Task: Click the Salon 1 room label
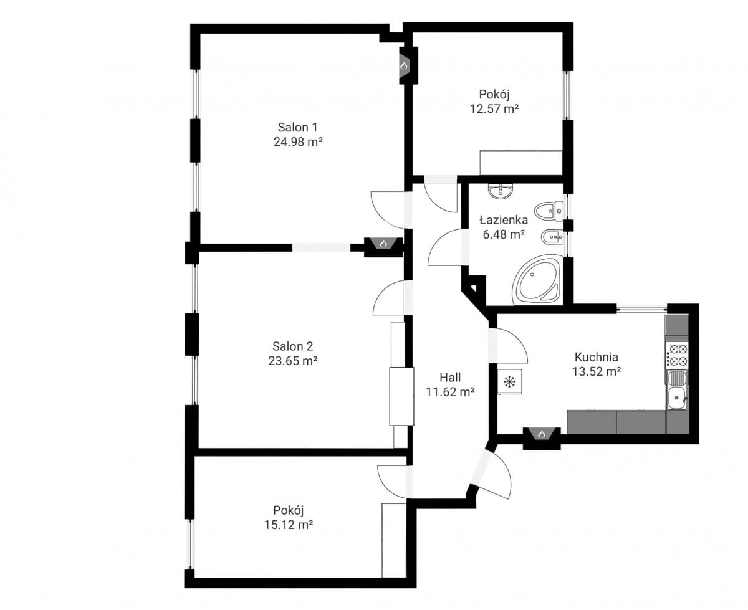coord(297,127)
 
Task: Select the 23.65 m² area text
coord(292,361)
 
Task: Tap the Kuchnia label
coord(596,356)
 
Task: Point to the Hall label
coord(450,377)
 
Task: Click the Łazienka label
coord(504,220)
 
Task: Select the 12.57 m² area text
coord(494,109)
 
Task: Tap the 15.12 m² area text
coord(289,525)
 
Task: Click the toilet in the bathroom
coord(549,211)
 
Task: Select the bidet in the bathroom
coord(552,236)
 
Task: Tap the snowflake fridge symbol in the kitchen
coord(509,382)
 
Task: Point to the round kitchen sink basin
coord(676,398)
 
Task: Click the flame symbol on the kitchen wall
coord(542,434)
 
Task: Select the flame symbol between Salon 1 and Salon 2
coord(383,244)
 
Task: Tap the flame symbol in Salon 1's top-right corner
coord(404,66)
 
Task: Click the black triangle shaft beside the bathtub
coord(473,287)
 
